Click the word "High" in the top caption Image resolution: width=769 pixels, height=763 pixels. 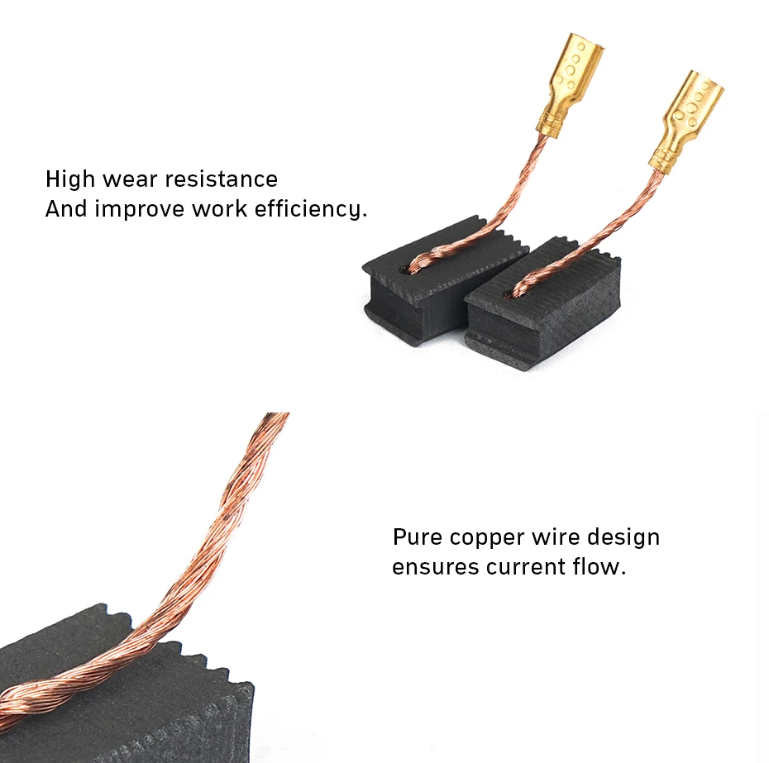(x=70, y=179)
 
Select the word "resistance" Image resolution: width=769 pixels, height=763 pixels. (x=221, y=179)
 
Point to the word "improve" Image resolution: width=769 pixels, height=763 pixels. (x=139, y=209)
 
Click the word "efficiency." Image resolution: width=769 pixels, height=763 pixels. (x=310, y=209)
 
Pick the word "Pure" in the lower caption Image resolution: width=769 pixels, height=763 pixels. (x=418, y=537)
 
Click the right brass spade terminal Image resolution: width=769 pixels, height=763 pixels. (x=686, y=122)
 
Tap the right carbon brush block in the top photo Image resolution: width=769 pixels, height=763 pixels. (x=542, y=307)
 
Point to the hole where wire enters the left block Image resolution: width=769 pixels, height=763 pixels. (x=404, y=269)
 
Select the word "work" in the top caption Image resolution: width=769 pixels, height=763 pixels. (x=219, y=209)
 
